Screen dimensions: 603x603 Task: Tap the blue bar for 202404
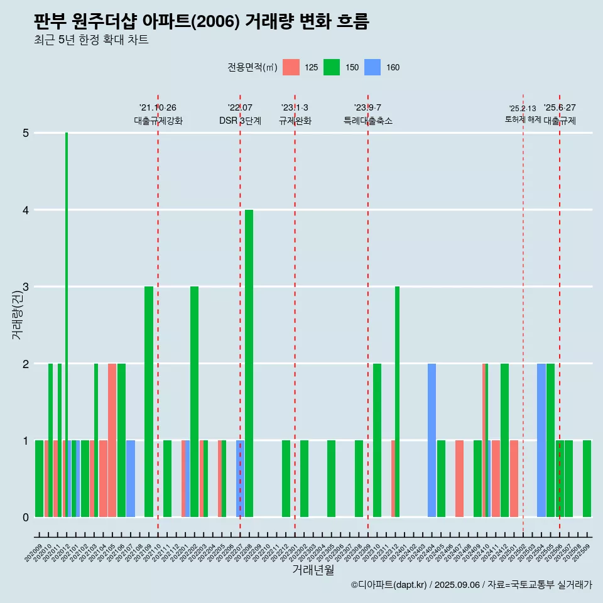(432, 440)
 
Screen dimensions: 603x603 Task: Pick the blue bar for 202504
(541, 440)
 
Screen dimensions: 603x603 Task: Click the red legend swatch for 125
(291, 67)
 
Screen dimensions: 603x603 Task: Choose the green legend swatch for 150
(332, 67)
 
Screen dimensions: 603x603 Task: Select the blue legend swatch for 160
(372, 67)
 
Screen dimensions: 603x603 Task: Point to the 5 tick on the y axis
(26, 133)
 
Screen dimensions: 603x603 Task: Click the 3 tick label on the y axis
(26, 287)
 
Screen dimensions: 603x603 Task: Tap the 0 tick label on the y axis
(26, 518)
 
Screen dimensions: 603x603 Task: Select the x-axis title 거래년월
(313, 570)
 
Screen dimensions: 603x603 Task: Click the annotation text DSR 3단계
(240, 121)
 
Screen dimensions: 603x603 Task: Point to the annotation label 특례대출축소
(367, 121)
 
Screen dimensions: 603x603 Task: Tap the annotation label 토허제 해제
(523, 119)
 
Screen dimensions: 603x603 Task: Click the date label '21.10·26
(158, 107)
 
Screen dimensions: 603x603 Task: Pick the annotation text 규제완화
(295, 121)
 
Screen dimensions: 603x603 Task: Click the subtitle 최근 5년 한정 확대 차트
(91, 40)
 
